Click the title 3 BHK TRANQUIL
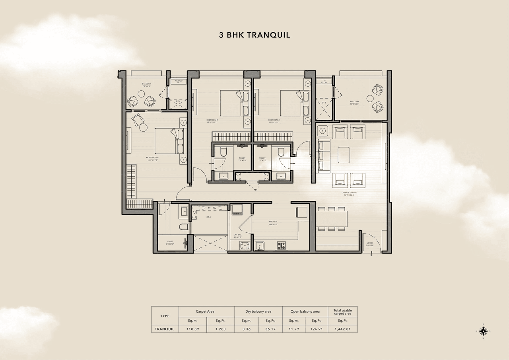click(x=254, y=35)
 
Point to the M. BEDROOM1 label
click(x=152, y=159)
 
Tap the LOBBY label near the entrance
click(x=370, y=244)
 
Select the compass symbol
click(x=484, y=331)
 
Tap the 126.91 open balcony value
click(x=317, y=329)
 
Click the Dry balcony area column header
click(x=258, y=311)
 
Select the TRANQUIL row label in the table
click(x=165, y=329)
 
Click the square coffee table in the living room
click(x=344, y=155)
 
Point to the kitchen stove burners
click(x=282, y=246)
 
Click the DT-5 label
click(x=324, y=103)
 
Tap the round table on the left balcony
click(x=141, y=94)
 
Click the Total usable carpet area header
click(x=342, y=311)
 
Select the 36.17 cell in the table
click(x=270, y=329)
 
